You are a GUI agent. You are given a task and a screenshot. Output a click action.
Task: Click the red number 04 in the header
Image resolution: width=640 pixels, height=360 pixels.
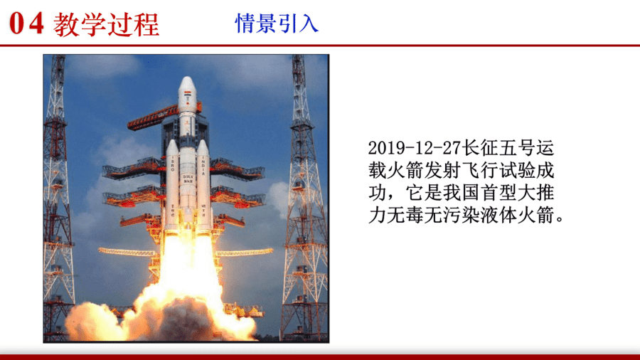tap(26, 23)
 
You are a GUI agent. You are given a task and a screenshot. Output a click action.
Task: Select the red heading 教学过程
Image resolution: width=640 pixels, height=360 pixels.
tap(106, 24)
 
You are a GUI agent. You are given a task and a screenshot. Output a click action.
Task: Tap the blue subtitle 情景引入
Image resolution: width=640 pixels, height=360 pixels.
tap(277, 23)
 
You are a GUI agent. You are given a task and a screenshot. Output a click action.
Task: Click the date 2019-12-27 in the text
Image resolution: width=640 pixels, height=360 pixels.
tap(415, 148)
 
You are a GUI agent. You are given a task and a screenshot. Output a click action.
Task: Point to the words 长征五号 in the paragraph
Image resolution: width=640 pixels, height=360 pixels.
tap(498, 148)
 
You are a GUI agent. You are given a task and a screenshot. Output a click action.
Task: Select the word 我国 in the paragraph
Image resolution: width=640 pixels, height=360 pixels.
tap(462, 193)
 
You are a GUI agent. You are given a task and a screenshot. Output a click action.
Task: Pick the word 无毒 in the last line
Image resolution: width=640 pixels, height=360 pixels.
tap(405, 215)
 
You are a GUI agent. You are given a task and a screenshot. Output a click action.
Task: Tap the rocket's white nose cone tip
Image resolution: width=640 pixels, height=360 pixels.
tap(187, 78)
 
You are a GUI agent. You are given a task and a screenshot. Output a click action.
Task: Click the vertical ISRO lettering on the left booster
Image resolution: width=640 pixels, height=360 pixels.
tap(173, 163)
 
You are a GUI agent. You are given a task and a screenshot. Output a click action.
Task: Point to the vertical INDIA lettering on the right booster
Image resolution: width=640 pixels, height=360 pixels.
tap(203, 165)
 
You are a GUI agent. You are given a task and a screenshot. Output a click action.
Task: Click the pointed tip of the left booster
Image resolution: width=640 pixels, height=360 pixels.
tap(172, 140)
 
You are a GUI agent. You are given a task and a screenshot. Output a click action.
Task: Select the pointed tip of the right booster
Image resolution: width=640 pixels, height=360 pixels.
tap(203, 140)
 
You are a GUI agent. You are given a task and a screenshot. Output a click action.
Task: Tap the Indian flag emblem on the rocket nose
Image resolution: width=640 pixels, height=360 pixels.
tap(187, 94)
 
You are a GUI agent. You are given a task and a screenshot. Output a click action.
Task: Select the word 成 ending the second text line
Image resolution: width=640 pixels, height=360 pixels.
tap(545, 170)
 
